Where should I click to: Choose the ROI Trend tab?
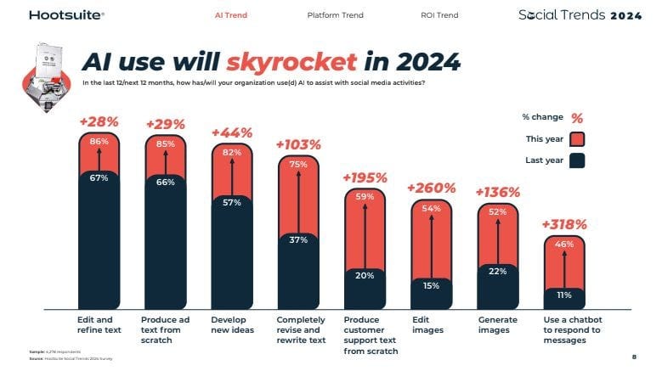439,15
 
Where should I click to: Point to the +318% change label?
563,224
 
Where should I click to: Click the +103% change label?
298,144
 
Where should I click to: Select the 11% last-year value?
564,295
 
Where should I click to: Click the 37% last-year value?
298,240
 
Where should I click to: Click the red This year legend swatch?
576,139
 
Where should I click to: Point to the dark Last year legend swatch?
576,160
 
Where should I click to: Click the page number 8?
634,357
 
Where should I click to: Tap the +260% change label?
431,188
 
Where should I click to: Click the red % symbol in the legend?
577,118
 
